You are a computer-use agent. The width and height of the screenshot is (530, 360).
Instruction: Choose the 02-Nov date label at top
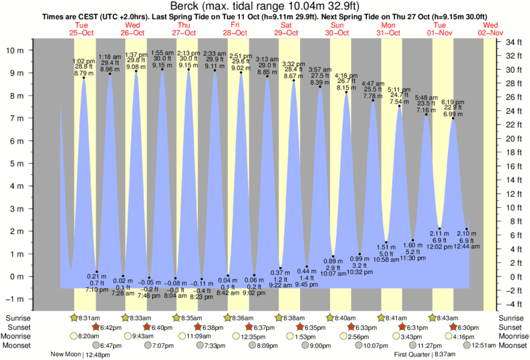(x=491, y=32)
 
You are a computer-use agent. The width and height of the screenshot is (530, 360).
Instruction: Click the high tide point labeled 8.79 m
(x=84, y=77)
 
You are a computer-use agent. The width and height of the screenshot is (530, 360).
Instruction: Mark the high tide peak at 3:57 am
(x=320, y=87)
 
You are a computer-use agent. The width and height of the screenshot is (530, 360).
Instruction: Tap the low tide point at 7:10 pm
(x=97, y=271)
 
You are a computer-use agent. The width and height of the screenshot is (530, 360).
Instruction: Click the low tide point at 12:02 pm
(x=440, y=228)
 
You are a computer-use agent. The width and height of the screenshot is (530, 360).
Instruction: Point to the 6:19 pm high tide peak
(x=452, y=118)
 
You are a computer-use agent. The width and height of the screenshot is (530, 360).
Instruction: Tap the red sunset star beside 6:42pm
(x=96, y=327)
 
